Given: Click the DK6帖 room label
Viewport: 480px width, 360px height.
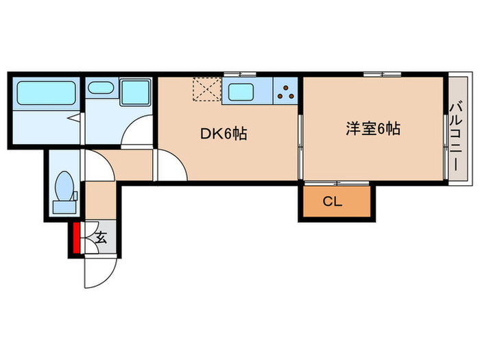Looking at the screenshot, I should pyautogui.click(x=223, y=134).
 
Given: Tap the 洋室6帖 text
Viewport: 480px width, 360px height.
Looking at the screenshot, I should pyautogui.click(x=373, y=128).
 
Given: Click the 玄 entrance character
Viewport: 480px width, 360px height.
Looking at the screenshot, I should pyautogui.click(x=101, y=239).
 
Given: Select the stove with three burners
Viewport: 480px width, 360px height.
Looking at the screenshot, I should pyautogui.click(x=287, y=91).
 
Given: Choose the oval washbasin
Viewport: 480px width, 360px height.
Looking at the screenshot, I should pyautogui.click(x=101, y=88).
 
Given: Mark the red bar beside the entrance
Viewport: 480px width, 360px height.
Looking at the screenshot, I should pyautogui.click(x=75, y=237).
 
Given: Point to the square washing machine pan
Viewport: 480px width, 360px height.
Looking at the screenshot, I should pyautogui.click(x=135, y=93).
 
